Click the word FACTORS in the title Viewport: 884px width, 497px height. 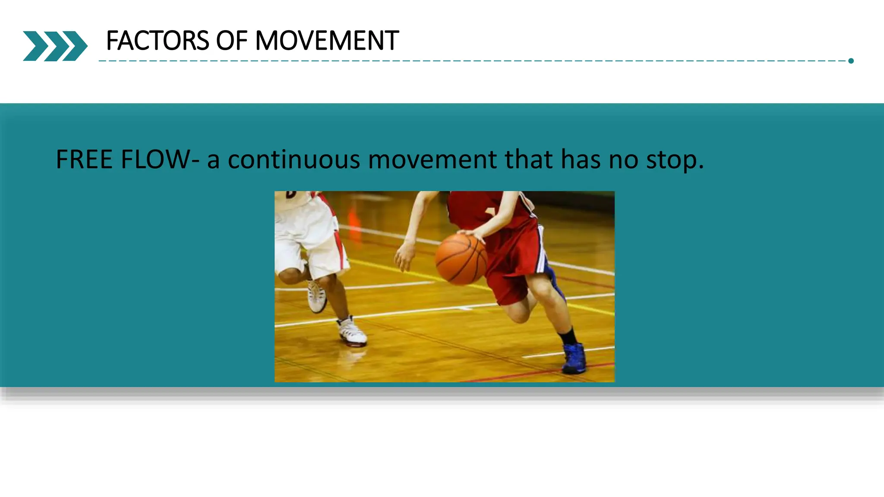point(157,41)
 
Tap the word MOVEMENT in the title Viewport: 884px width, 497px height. point(327,41)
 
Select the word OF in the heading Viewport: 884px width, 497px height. point(232,41)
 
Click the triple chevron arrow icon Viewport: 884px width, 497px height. point(55,46)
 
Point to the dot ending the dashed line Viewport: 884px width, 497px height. point(851,61)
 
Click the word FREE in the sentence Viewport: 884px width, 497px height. point(84,159)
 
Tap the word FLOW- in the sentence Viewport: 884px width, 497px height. point(160,159)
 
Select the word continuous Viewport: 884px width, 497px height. point(294,160)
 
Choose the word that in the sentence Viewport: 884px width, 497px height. point(529,159)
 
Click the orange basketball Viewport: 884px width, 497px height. point(461,259)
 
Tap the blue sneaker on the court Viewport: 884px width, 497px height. point(574,358)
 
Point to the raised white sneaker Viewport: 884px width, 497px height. point(316,297)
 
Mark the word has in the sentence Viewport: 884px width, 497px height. point(580,159)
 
